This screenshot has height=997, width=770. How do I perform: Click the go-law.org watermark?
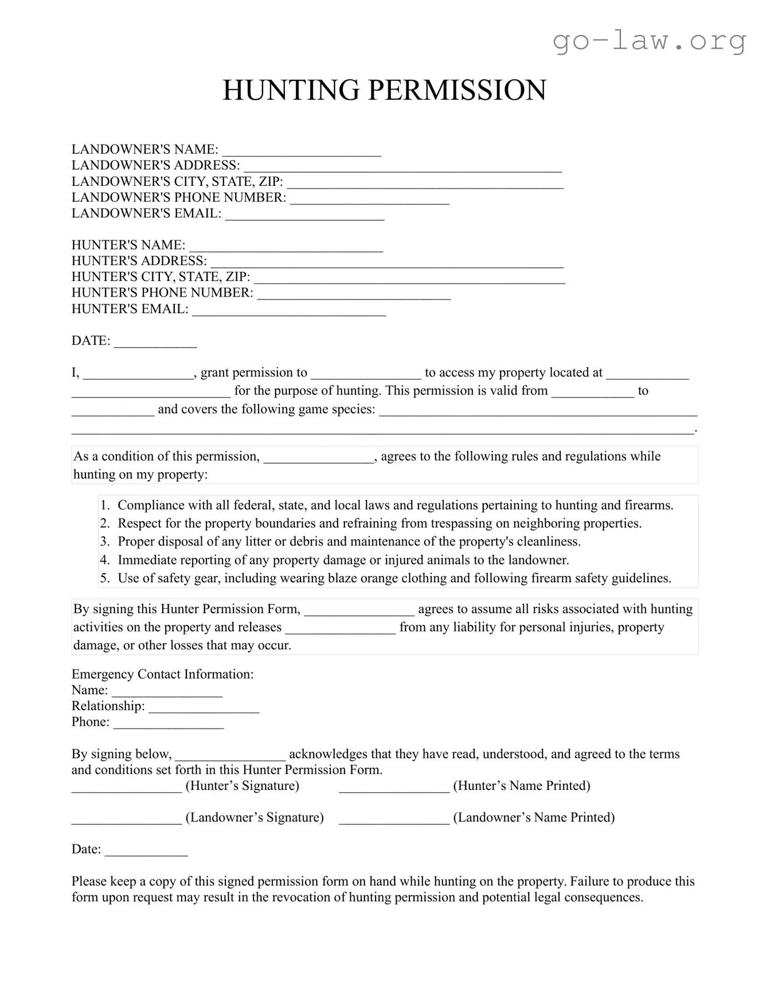point(649,41)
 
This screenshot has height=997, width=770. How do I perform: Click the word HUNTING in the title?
point(291,91)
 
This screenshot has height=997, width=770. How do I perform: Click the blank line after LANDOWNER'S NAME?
point(302,151)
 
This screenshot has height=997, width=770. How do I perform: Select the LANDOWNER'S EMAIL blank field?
point(304,216)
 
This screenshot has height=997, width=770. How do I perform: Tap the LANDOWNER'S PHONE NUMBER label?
point(178,198)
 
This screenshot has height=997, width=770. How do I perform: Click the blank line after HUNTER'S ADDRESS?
point(387,263)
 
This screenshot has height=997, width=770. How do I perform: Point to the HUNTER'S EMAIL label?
point(130,309)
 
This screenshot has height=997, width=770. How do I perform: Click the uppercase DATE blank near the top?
point(155,343)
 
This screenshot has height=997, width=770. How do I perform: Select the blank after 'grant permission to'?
point(366,375)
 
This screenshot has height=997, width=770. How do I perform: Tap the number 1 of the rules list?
point(104,505)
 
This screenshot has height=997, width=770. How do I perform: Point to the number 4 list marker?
point(104,560)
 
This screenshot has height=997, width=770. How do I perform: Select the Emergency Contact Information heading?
point(162,675)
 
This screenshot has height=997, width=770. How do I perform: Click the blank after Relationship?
point(204,708)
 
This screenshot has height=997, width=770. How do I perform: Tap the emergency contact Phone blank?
point(169,724)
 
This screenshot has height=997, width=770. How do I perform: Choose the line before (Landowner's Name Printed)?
point(394,820)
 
